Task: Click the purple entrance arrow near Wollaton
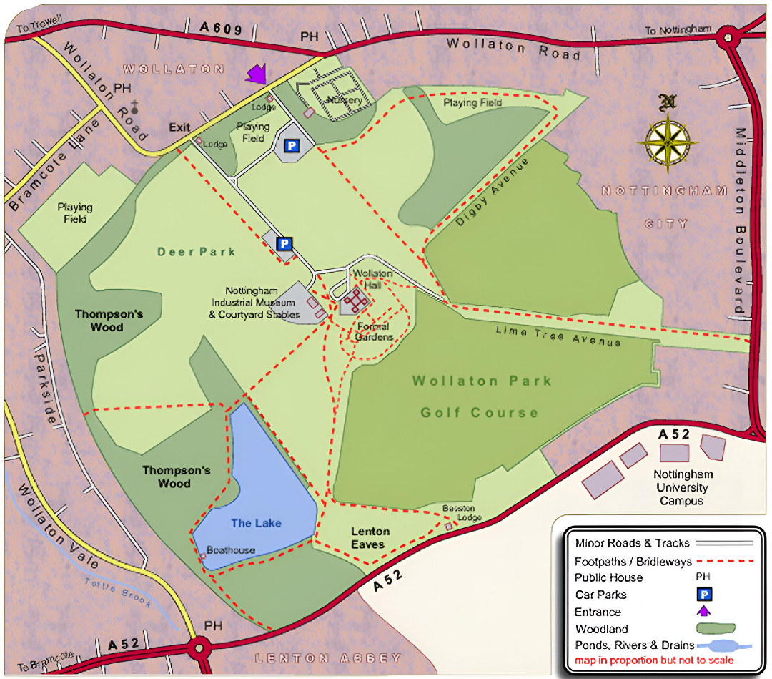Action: tap(256, 74)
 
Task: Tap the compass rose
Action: tap(668, 140)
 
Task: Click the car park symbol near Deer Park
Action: tap(284, 244)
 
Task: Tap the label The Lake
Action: tap(256, 523)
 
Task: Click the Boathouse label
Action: tap(230, 550)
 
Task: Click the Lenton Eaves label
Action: tap(370, 537)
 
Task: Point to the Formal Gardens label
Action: tap(374, 332)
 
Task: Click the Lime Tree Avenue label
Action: tap(558, 336)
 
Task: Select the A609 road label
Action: tap(222, 29)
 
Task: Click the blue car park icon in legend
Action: tap(704, 594)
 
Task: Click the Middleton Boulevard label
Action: tap(741, 222)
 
